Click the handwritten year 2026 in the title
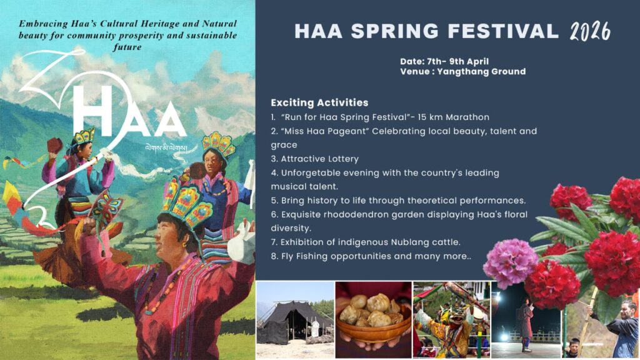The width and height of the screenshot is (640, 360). click(x=590, y=31)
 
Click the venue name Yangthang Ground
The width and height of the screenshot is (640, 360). click(x=481, y=72)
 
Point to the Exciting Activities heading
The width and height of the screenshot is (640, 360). click(x=319, y=103)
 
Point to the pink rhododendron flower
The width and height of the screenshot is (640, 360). click(x=510, y=262)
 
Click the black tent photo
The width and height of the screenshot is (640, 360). click(x=295, y=320)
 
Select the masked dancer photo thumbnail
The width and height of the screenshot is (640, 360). click(x=452, y=320)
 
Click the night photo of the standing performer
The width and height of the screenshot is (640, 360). click(x=526, y=320)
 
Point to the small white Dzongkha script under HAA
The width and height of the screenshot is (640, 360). click(x=166, y=147)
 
